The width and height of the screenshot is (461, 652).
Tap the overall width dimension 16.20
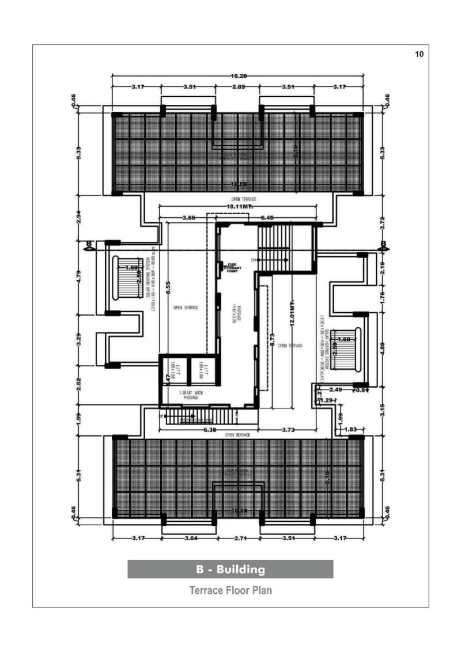click(238, 76)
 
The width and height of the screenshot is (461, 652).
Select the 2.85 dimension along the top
click(238, 86)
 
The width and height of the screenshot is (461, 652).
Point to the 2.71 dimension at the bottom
click(238, 539)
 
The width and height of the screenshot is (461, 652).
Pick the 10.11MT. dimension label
click(239, 206)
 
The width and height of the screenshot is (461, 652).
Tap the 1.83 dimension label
click(352, 429)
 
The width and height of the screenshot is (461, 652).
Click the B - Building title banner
click(230, 569)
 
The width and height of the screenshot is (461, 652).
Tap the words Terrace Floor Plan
click(230, 590)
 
